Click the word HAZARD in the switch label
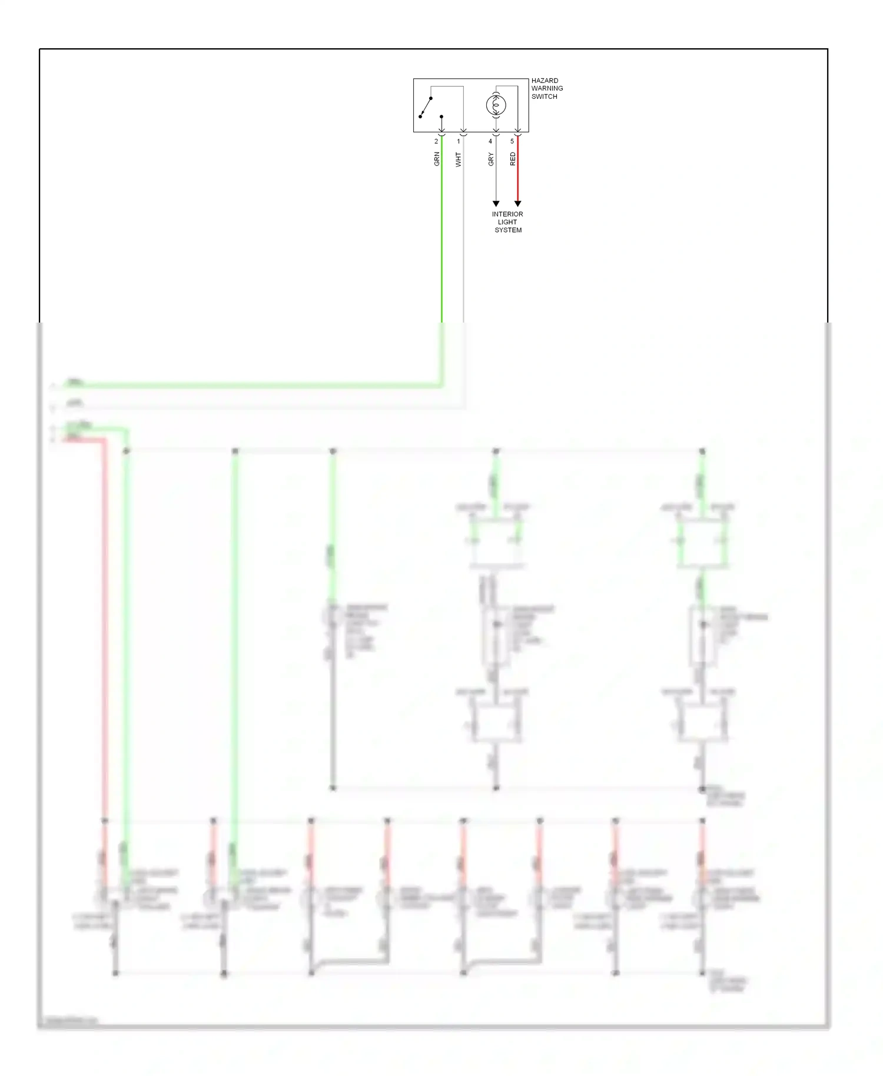point(545,81)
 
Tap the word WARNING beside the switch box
point(547,88)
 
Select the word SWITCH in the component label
point(544,97)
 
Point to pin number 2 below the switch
point(436,141)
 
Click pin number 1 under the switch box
point(459,141)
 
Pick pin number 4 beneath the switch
point(490,141)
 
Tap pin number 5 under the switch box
point(512,141)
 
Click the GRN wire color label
point(437,159)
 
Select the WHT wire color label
point(459,160)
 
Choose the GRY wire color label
point(491,159)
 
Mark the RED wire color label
point(513,159)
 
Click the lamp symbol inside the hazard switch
point(496,105)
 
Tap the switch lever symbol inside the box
point(426,108)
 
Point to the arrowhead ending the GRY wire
point(496,204)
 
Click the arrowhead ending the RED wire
point(517,204)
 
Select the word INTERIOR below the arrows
point(507,214)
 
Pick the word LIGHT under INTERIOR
point(507,222)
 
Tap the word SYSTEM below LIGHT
point(508,230)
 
